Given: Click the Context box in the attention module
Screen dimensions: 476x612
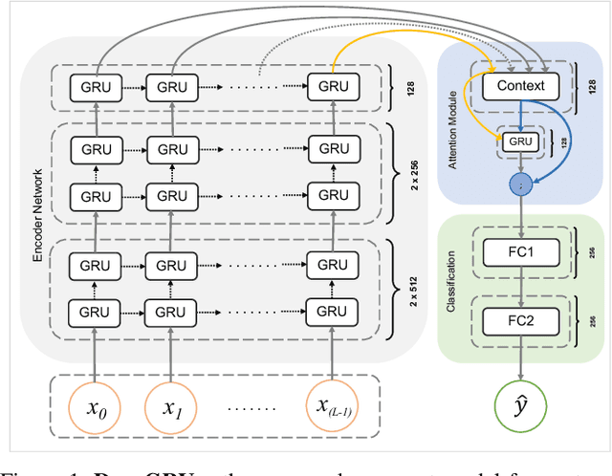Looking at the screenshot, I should (x=520, y=86).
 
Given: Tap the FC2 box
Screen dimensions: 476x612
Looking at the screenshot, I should (x=520, y=321).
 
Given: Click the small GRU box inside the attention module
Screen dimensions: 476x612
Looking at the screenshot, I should (x=519, y=141).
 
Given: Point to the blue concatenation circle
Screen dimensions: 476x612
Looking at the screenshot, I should (x=520, y=185).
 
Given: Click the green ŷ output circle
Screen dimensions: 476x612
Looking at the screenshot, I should (x=520, y=405).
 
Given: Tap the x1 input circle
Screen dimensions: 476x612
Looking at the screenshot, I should (x=173, y=406).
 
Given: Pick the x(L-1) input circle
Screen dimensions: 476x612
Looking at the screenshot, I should (x=333, y=406).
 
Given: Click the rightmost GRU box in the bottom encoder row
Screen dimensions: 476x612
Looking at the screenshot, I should (x=333, y=312).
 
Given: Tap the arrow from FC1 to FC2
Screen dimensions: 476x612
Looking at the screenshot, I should (x=520, y=289).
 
